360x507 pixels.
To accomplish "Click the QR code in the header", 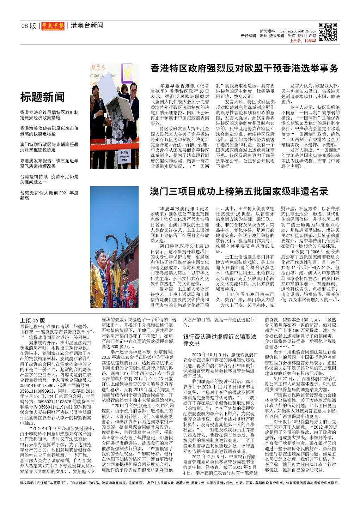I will point(328,32).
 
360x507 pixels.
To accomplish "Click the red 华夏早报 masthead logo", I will point(53,26).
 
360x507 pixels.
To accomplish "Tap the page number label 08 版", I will point(29,26).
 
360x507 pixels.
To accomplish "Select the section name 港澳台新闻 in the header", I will point(87,25).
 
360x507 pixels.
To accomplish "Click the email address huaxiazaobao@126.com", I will point(297,31).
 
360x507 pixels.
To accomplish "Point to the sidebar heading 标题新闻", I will point(42,97).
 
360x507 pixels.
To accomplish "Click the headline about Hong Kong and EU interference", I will point(244,68).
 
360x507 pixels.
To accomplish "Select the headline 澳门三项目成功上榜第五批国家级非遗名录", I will point(239,192).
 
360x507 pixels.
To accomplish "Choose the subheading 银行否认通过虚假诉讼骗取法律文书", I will point(220,340).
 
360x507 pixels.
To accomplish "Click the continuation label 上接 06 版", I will point(32,320).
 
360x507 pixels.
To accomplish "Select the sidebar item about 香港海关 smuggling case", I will point(49,131).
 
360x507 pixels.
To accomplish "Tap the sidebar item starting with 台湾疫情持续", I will point(49,179).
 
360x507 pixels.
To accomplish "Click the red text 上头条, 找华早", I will point(303,41).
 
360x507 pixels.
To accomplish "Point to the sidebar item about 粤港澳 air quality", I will point(49,163).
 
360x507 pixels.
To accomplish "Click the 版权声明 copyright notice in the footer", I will point(27,483).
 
